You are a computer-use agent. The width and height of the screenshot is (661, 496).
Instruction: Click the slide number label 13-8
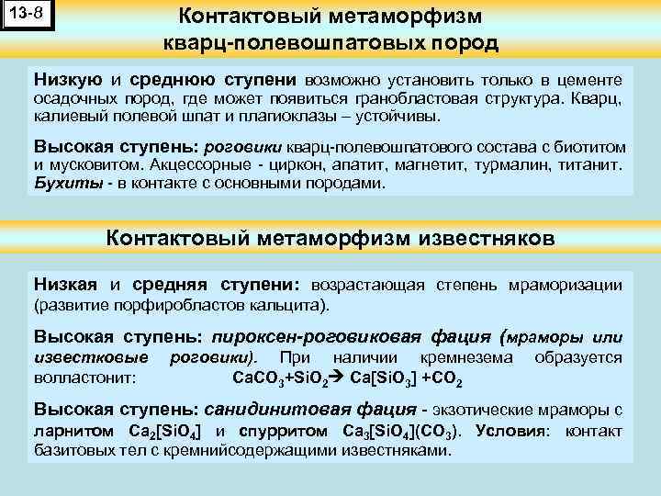pyautogui.click(x=28, y=16)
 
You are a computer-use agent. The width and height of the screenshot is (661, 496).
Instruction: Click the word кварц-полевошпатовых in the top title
pyautogui.click(x=267, y=43)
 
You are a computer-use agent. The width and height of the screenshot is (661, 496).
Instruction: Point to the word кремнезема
pyautogui.click(x=461, y=357)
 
